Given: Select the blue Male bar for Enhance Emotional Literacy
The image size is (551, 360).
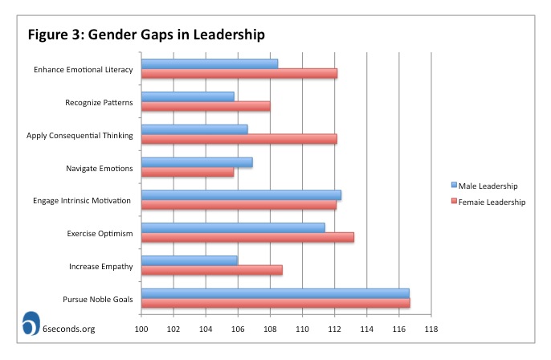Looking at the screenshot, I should [210, 63].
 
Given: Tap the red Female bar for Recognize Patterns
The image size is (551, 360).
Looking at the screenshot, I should [206, 106].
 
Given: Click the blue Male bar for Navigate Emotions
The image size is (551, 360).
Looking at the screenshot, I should [197, 162].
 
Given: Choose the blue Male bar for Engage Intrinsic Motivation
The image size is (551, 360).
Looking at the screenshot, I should [241, 194].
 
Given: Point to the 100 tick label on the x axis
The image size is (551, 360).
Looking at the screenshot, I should [142, 329].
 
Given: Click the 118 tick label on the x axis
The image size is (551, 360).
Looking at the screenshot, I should [431, 329].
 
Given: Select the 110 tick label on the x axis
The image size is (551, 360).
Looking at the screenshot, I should [303, 329].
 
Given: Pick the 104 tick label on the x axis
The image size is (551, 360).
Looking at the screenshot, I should [206, 329].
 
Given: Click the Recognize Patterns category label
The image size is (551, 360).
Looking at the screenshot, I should [99, 102].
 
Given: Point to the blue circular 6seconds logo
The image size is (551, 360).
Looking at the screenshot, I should [33, 322].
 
